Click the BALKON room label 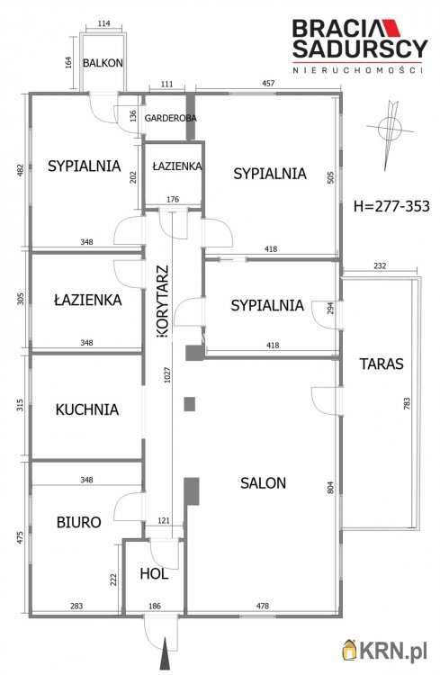(103, 63)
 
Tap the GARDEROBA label (170, 118)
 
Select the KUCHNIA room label (87, 409)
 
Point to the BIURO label (79, 522)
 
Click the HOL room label (154, 574)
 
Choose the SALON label (263, 483)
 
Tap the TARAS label (382, 364)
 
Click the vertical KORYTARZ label (164, 301)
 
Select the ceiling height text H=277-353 (391, 206)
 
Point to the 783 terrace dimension (407, 403)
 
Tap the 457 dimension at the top (268, 83)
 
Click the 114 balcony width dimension (103, 23)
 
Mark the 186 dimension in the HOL (155, 606)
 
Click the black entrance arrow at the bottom (165, 653)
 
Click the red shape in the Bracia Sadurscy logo (391, 28)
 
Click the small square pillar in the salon (190, 404)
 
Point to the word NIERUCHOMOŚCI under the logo (357, 70)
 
